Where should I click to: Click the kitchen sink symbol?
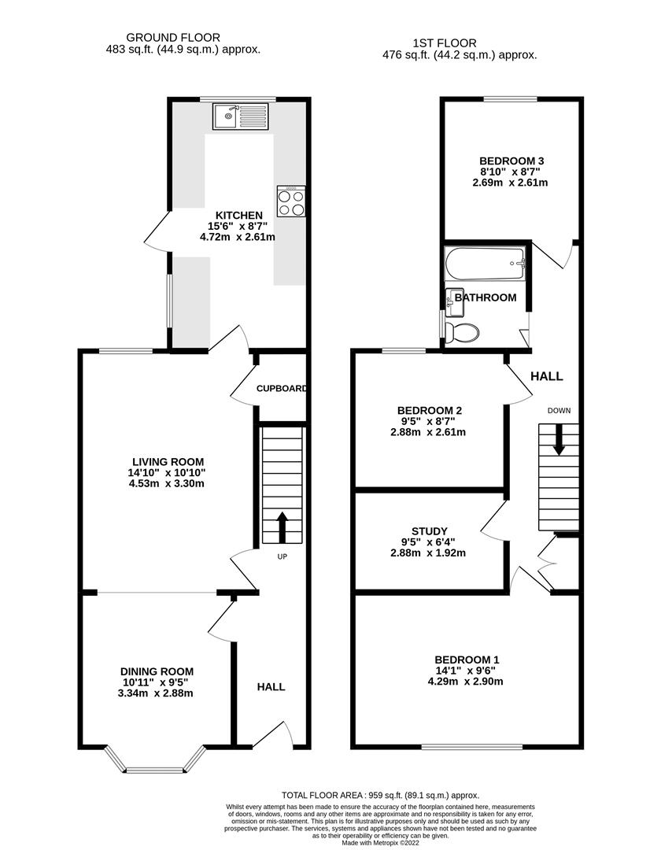240,116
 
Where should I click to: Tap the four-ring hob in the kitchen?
290,201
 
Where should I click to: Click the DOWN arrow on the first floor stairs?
559,439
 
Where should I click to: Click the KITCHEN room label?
239,215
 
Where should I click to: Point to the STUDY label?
430,530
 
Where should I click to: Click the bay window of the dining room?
153,767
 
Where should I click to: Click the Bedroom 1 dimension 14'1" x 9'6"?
467,671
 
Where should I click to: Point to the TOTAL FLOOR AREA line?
380,796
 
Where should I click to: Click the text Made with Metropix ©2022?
380,844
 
